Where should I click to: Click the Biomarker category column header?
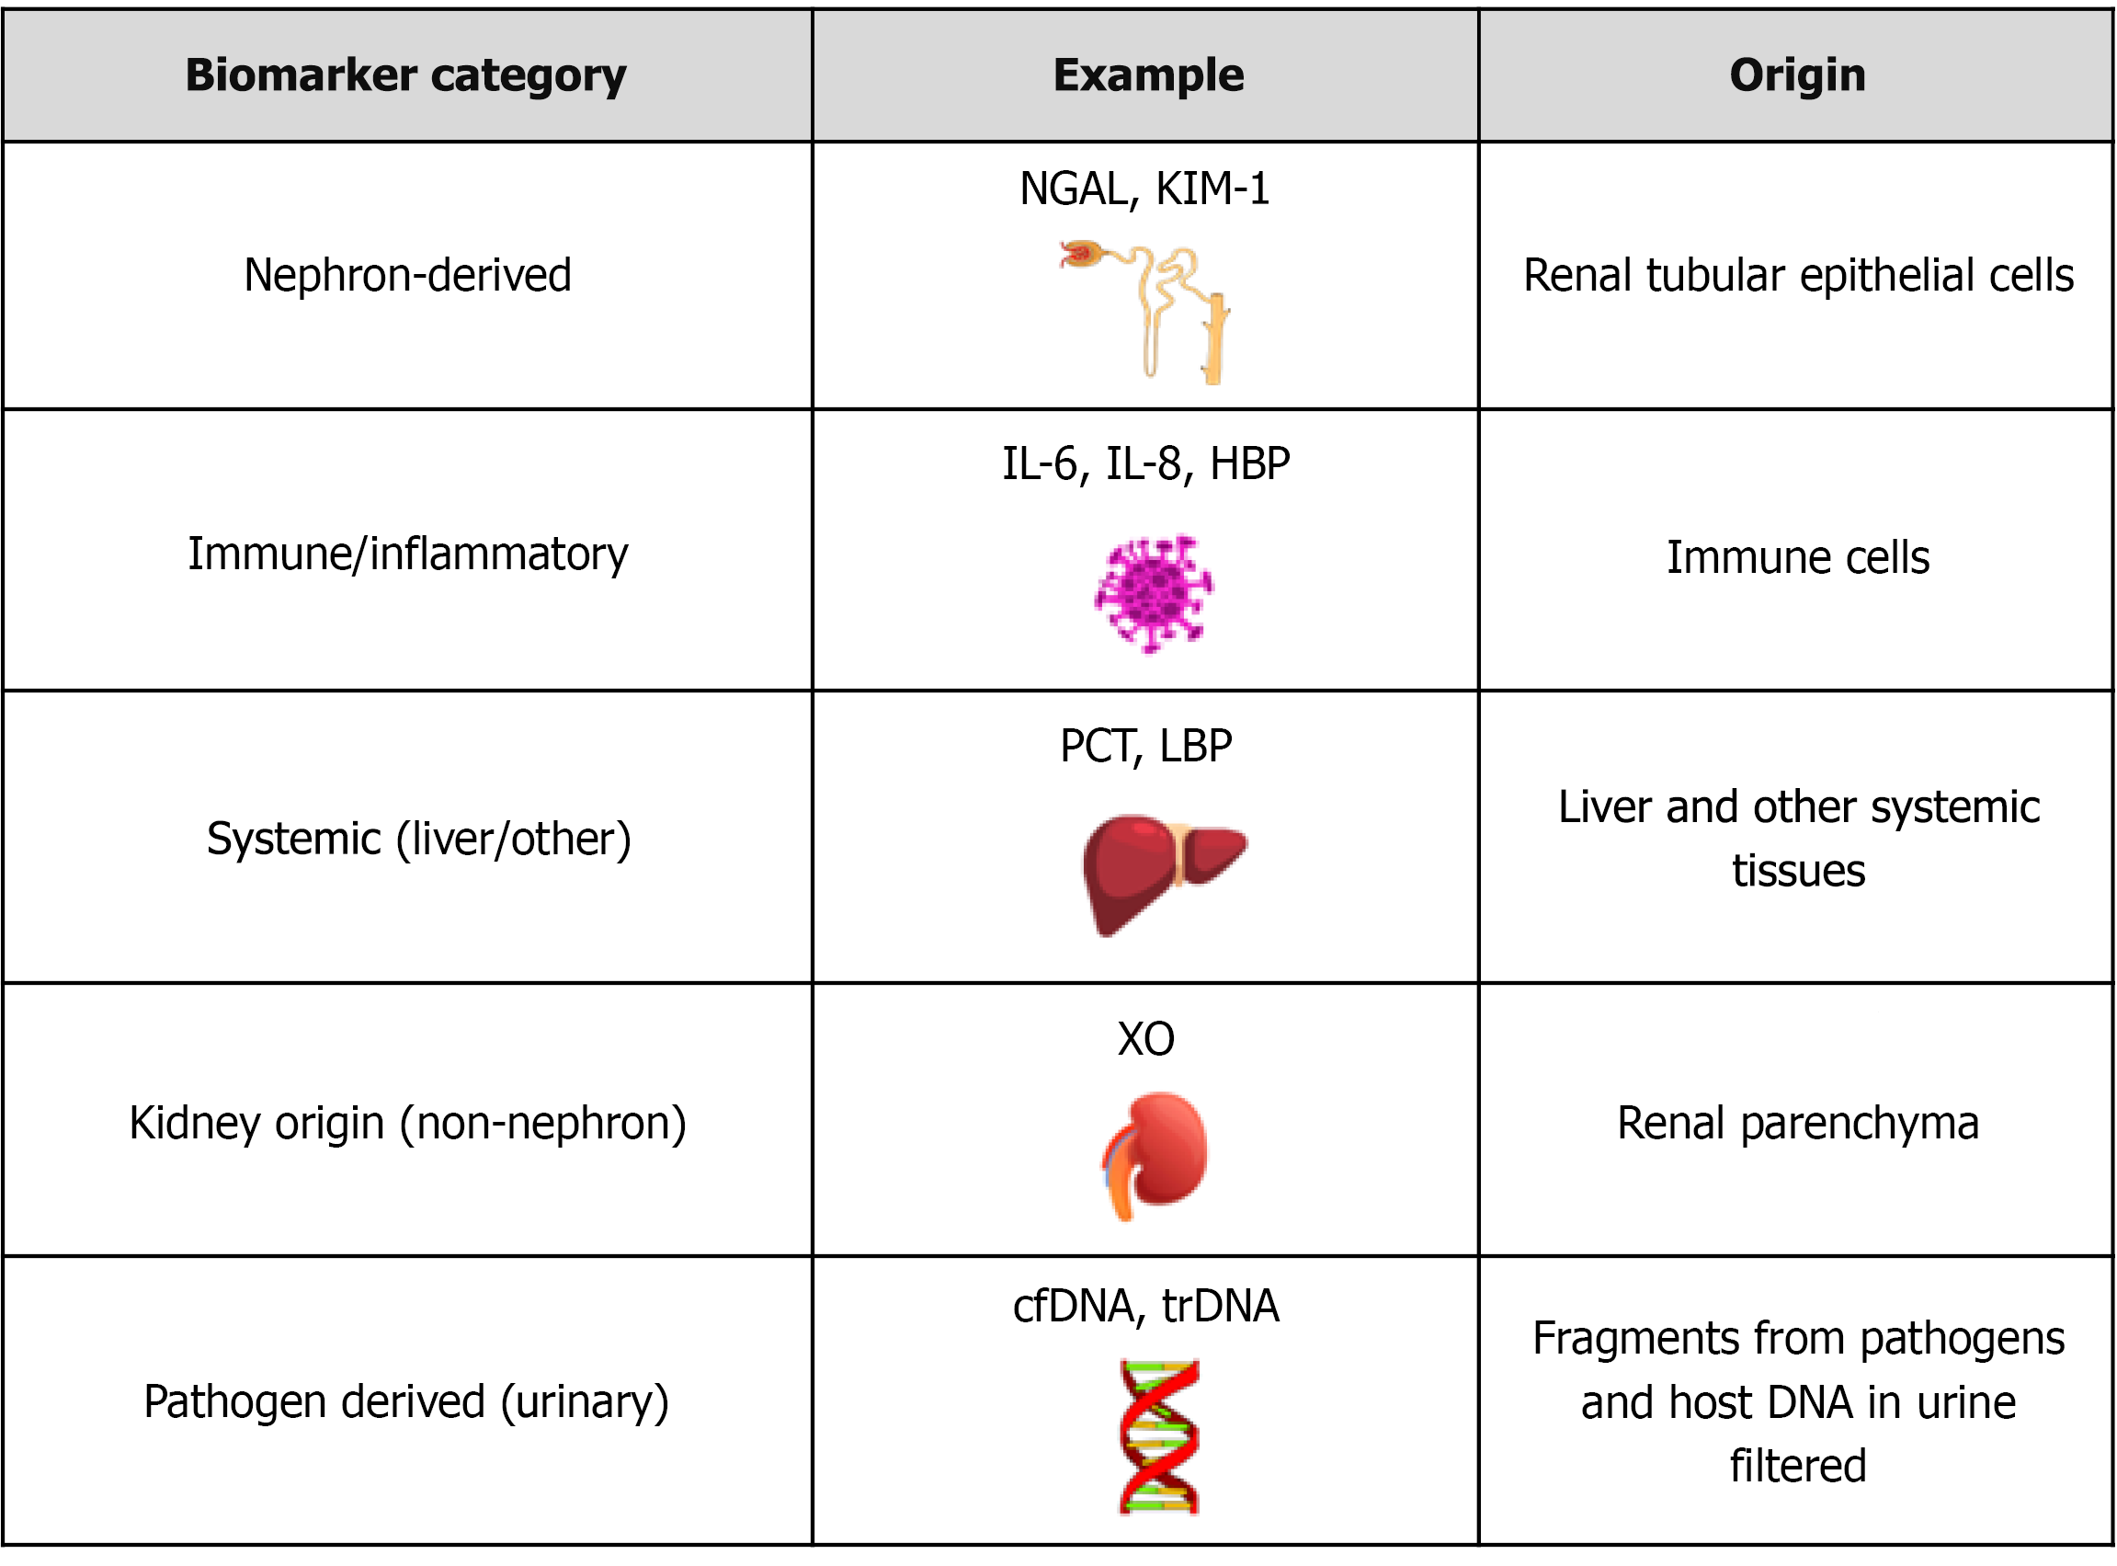405,74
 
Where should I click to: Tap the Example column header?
1147,74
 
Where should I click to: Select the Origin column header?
1797,74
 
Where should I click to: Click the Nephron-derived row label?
407,276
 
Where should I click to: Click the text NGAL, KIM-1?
1144,189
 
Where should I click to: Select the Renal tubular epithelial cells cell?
1798,276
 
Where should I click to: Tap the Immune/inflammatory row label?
407,554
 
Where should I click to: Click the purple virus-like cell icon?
1153,593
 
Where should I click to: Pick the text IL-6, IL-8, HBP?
1145,464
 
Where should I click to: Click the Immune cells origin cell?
1798,557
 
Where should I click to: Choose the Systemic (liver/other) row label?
418,839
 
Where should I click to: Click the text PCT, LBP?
1145,746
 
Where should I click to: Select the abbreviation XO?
1145,1039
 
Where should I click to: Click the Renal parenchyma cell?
1798,1124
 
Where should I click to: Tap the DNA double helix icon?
1158,1436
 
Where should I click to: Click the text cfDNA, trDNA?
1145,1307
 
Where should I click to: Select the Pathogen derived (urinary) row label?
405,1402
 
